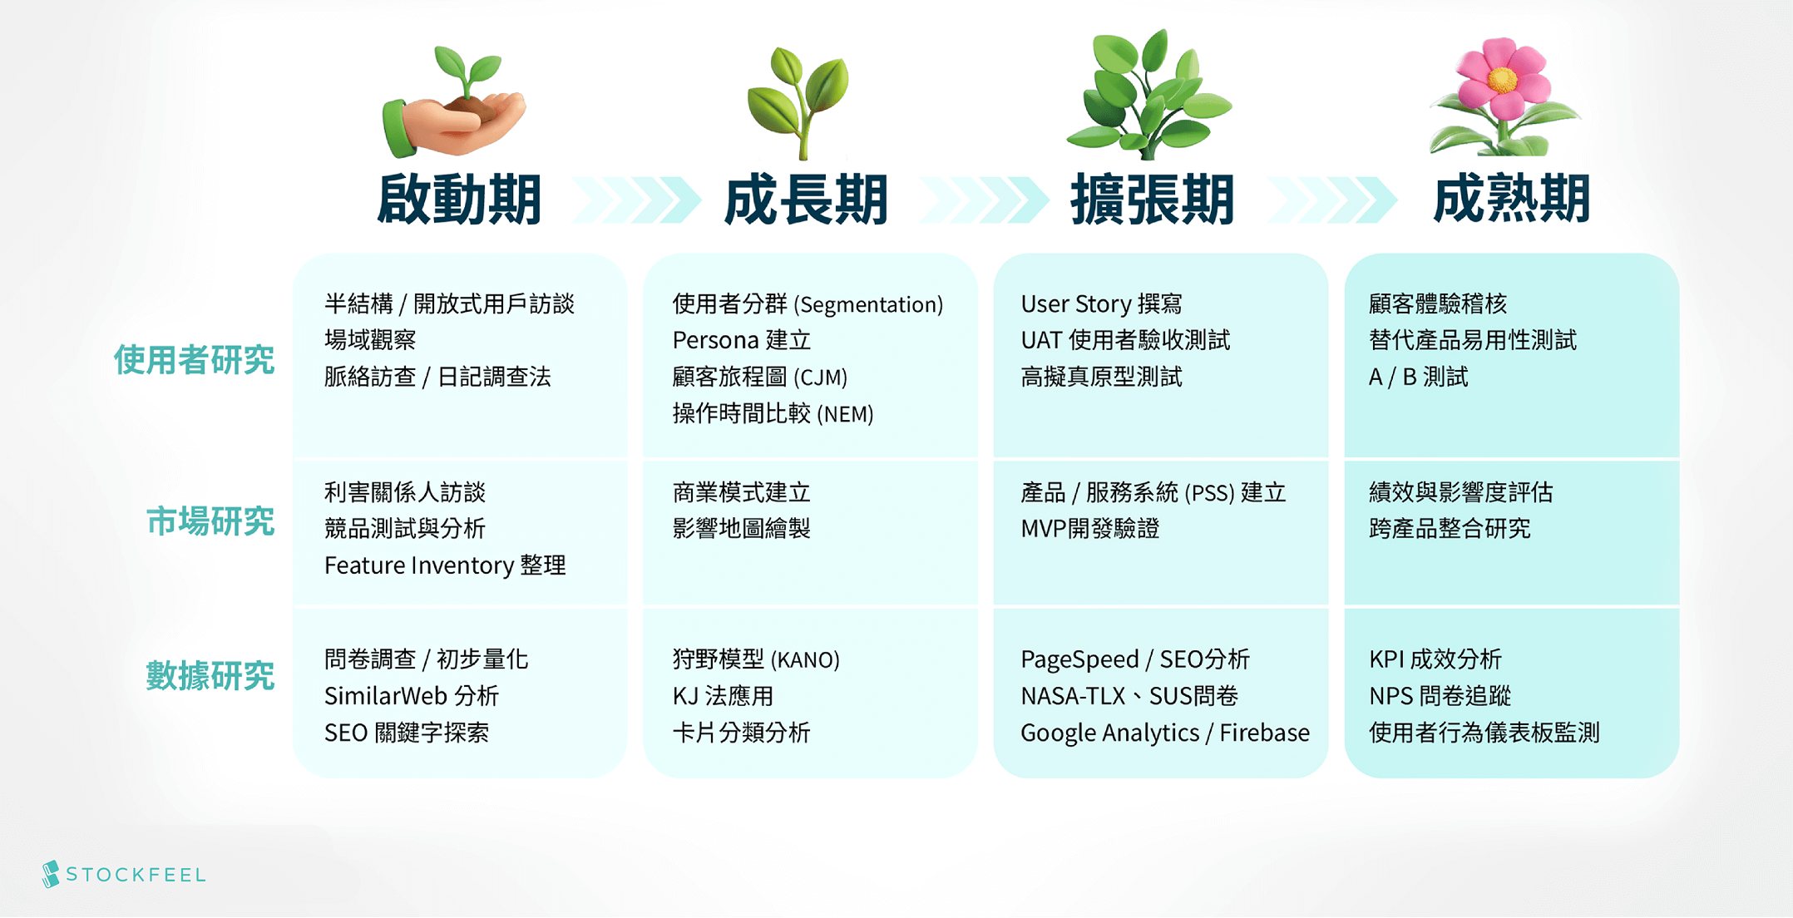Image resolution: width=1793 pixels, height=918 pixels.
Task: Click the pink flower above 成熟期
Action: click(1504, 96)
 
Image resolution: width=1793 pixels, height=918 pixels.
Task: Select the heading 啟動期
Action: click(460, 200)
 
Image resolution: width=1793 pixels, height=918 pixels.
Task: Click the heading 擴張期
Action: click(1153, 200)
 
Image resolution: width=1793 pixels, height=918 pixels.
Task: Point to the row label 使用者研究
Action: click(194, 360)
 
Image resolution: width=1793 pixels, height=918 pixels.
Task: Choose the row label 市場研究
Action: click(210, 521)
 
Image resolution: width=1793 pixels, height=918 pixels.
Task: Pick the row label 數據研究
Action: click(210, 675)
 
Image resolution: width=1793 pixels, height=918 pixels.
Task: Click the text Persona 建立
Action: click(742, 340)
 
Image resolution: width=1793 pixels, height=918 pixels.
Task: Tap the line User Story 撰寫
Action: click(1101, 304)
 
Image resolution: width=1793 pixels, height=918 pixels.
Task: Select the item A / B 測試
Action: click(1419, 377)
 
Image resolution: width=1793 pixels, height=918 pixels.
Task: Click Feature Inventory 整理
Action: click(445, 565)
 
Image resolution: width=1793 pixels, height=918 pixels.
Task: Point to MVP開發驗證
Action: click(1090, 529)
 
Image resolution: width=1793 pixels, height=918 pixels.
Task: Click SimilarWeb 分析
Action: click(412, 696)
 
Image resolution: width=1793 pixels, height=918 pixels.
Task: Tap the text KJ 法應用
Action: click(724, 696)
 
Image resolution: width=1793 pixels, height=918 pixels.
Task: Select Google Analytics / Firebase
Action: click(1165, 733)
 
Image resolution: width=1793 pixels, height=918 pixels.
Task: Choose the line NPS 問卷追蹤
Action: click(1440, 696)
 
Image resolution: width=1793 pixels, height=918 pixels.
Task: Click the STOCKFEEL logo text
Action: click(136, 875)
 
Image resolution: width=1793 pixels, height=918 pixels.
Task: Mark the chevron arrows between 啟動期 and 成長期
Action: click(636, 200)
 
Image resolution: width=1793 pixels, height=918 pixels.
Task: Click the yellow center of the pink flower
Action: click(1502, 80)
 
